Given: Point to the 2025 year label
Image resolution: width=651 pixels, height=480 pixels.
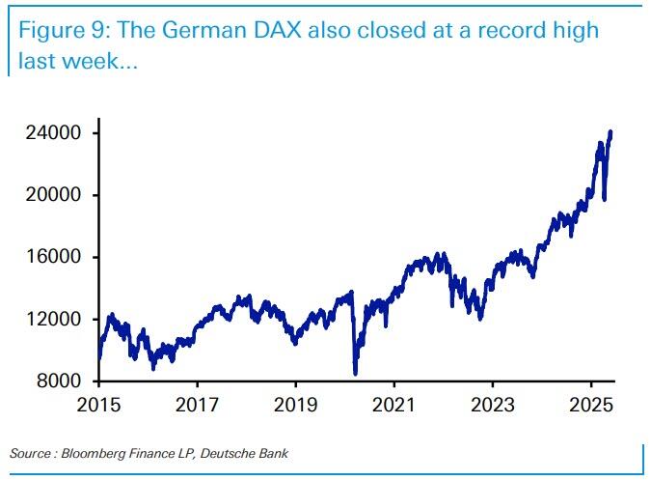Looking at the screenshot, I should tap(590, 401).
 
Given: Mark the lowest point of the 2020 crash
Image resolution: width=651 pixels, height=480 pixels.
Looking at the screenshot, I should tap(356, 374).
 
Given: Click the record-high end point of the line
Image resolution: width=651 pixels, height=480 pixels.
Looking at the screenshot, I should tap(610, 132).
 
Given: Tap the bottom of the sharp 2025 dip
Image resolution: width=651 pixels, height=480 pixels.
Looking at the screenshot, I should tap(604, 200).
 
